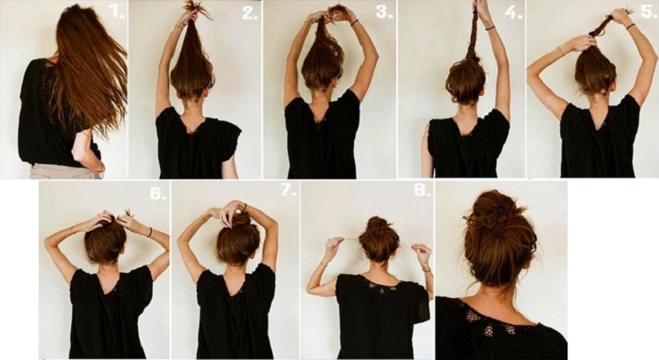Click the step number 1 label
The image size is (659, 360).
117,11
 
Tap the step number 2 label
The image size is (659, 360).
250,13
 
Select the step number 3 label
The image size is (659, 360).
384,11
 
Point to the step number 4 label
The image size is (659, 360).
513,12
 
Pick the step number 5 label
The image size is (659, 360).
649,11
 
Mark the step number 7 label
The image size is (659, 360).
288,190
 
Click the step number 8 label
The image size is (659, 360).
423,190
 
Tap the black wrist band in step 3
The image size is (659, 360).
354,23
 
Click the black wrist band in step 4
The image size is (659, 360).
489,28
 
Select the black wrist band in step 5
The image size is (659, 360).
630,26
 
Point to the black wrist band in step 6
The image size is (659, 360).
149,232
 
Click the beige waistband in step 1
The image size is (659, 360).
66,171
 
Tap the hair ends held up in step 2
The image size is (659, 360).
198,10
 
